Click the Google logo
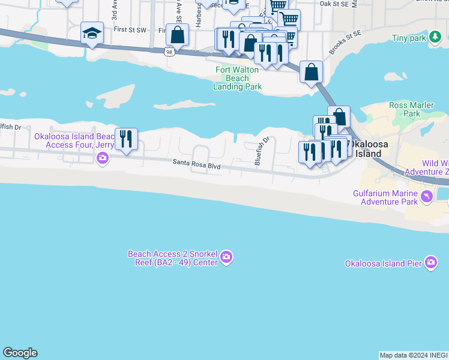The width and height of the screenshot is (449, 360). [x=20, y=353]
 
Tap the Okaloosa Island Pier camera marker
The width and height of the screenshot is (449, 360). [x=431, y=263]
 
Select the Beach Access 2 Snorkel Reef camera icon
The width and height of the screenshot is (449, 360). [x=226, y=257]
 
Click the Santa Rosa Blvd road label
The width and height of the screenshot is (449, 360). [x=197, y=162]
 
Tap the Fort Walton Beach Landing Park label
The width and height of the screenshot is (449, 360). [x=238, y=78]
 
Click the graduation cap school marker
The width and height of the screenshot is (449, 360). [x=92, y=33]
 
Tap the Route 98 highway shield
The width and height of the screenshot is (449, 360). [x=170, y=52]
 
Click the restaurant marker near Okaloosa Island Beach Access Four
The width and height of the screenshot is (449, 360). [x=126, y=139]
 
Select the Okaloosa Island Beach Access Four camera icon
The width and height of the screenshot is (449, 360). [x=103, y=158]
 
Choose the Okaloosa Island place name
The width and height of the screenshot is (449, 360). [x=366, y=149]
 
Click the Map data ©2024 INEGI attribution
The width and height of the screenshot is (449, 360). [x=414, y=355]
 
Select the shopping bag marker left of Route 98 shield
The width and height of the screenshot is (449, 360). [x=178, y=34]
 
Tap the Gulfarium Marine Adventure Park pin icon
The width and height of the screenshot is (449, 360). [x=426, y=196]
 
